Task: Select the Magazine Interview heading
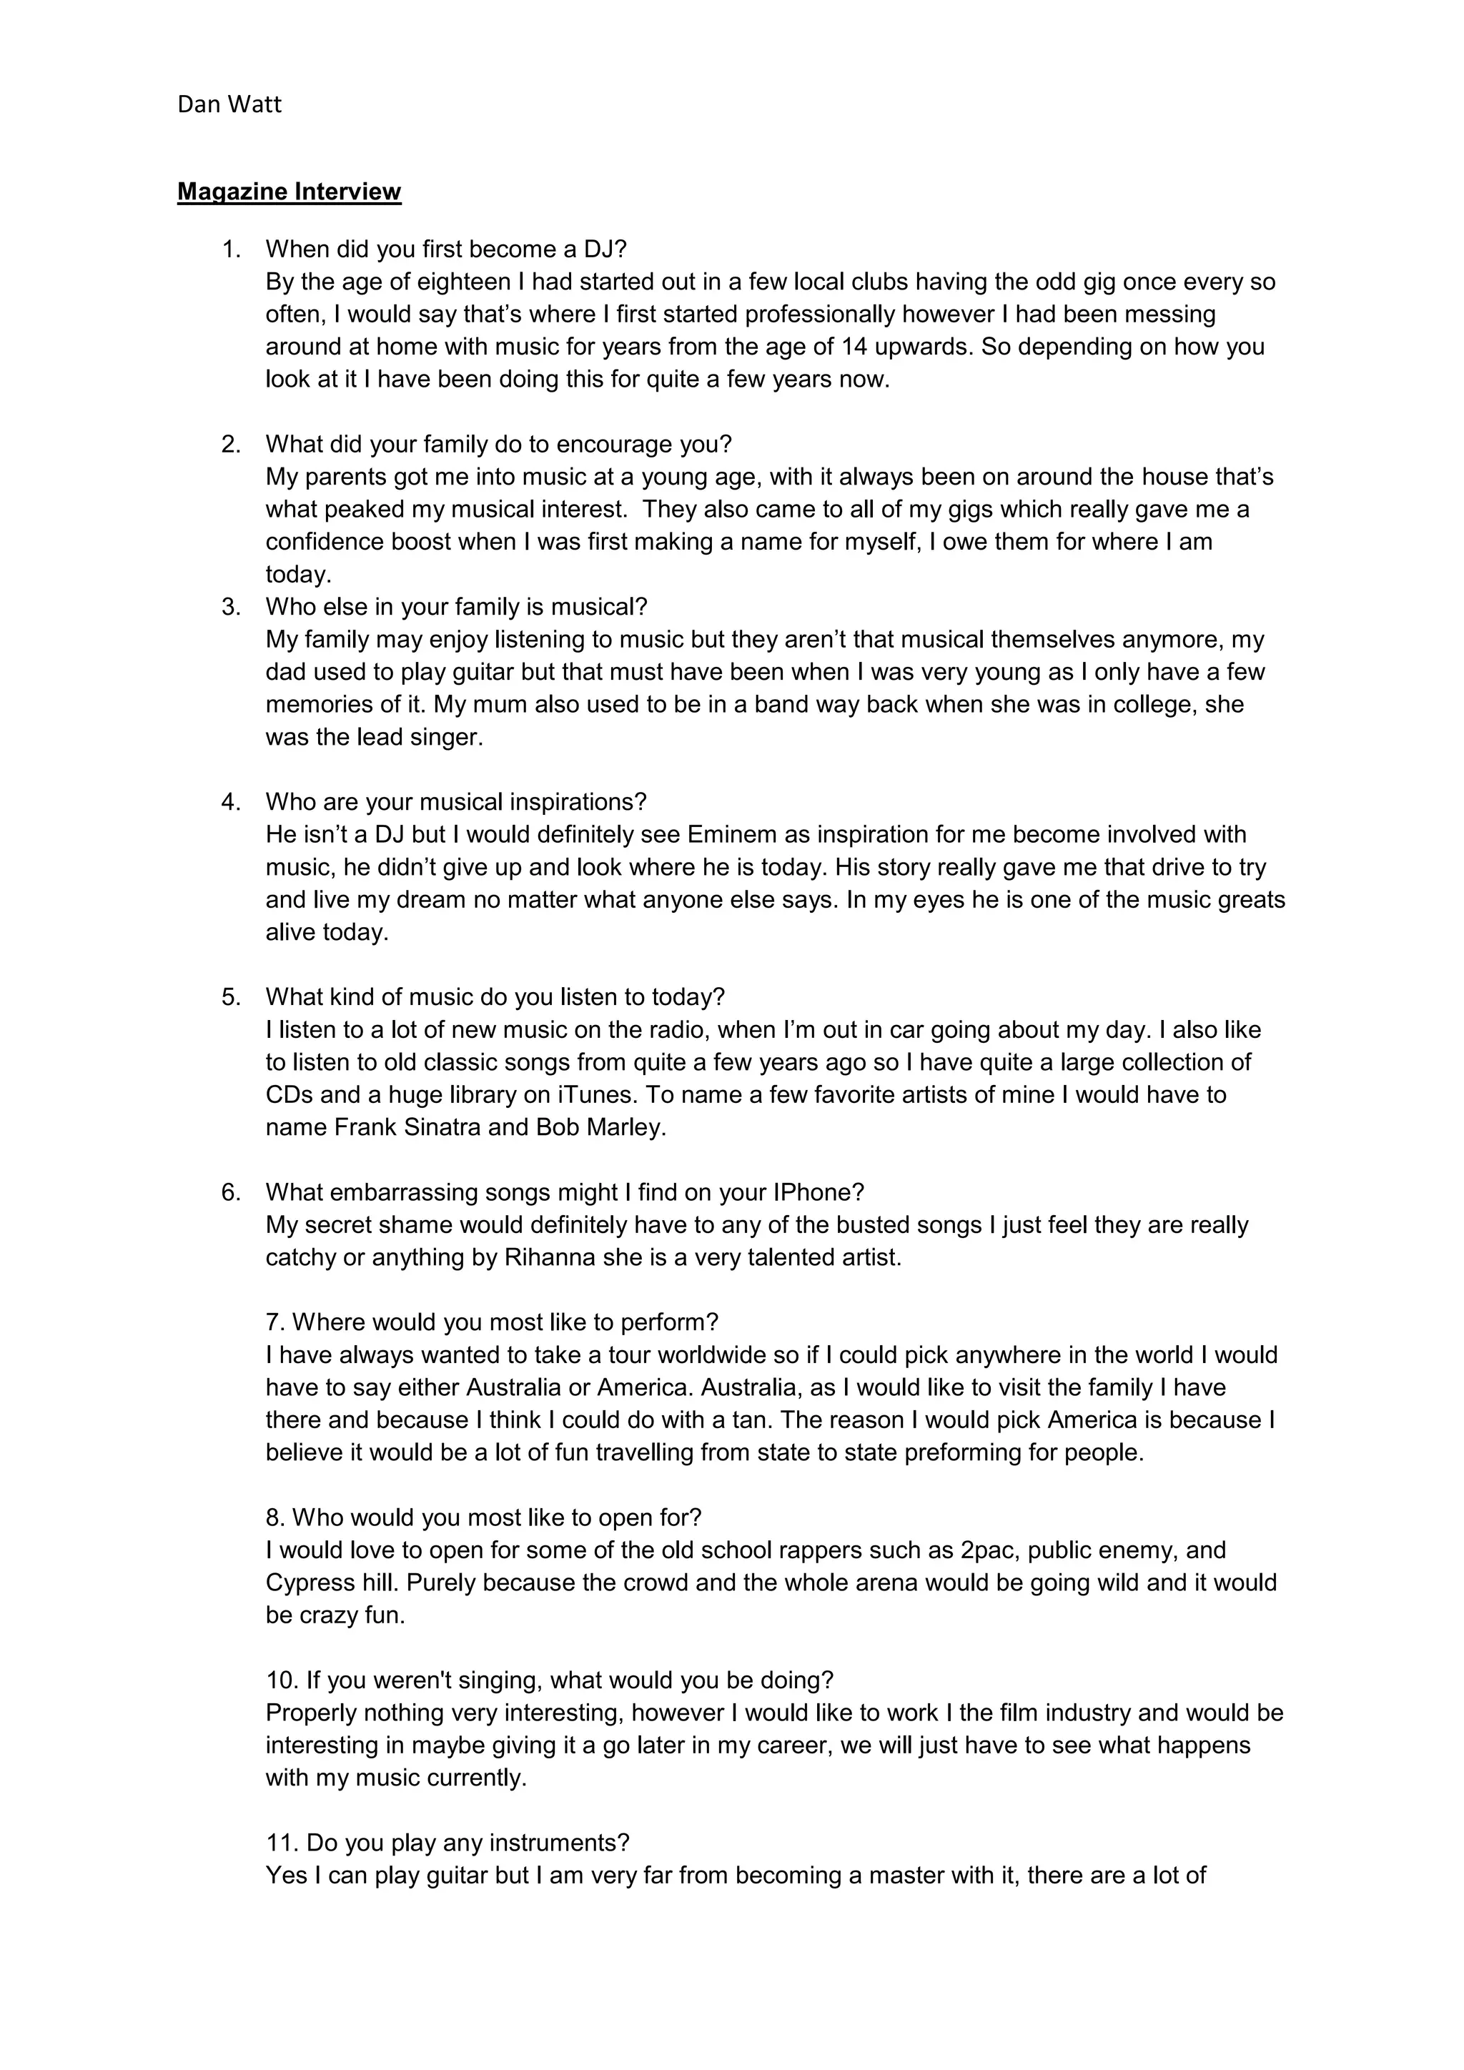tap(289, 192)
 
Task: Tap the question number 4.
tap(231, 803)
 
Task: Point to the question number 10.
tap(280, 1680)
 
